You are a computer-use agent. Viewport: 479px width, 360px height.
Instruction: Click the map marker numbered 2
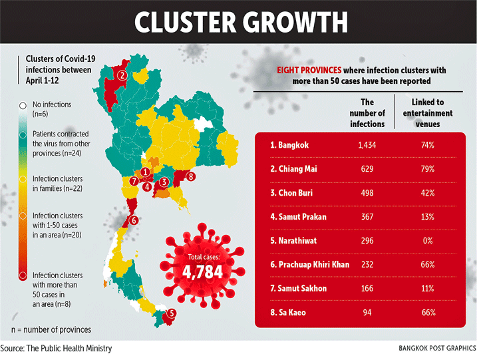point(122,75)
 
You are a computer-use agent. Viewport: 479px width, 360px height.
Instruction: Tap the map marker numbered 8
point(191,176)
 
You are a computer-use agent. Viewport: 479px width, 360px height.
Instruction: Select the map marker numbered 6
point(134,220)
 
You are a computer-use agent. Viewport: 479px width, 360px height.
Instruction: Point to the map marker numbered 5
point(172,314)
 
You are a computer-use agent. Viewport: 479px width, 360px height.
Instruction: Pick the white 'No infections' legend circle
point(23,105)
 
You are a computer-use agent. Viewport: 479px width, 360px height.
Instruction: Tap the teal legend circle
point(23,134)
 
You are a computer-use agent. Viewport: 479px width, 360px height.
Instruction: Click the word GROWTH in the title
point(290,21)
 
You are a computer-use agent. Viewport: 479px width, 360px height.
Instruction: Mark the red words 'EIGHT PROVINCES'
point(309,70)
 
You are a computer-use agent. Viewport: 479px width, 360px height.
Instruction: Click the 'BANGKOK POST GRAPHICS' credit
point(436,348)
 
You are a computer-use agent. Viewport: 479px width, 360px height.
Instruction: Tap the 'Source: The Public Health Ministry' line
point(56,348)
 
